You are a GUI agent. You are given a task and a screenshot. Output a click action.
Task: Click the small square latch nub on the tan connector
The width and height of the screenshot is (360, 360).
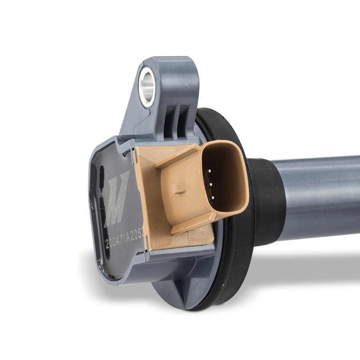click(x=179, y=187)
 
